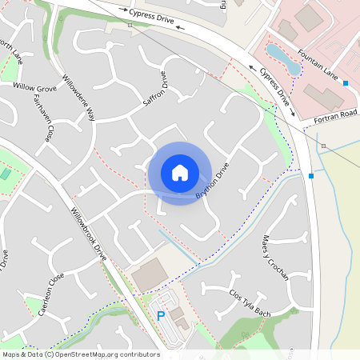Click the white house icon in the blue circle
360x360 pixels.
(x=180, y=173)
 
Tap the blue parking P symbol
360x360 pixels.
(x=161, y=316)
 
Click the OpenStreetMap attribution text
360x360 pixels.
(x=81, y=354)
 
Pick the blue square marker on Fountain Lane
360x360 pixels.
(x=346, y=83)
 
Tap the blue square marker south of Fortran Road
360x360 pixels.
(x=311, y=175)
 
